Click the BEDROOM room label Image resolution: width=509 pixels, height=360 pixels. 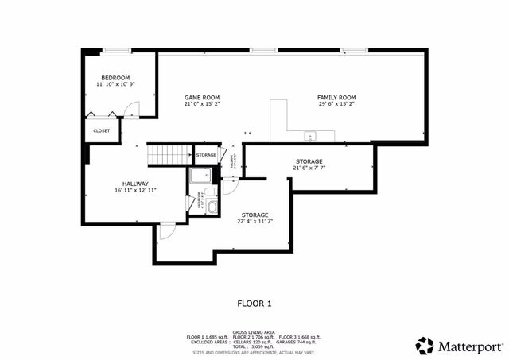click(x=115, y=77)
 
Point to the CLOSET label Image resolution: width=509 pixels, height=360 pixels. click(x=102, y=130)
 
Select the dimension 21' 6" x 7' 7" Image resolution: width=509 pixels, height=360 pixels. click(x=309, y=168)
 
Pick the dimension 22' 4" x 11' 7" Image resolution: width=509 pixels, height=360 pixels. click(x=255, y=222)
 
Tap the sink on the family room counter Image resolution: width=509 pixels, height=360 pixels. click(x=309, y=134)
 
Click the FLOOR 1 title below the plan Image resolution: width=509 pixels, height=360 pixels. click(x=254, y=303)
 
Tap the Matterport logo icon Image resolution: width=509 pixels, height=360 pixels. click(x=425, y=345)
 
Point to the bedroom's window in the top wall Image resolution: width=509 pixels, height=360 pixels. click(x=117, y=51)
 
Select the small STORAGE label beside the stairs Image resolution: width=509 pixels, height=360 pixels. click(x=206, y=154)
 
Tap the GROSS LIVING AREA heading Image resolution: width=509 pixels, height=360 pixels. click(x=254, y=331)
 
